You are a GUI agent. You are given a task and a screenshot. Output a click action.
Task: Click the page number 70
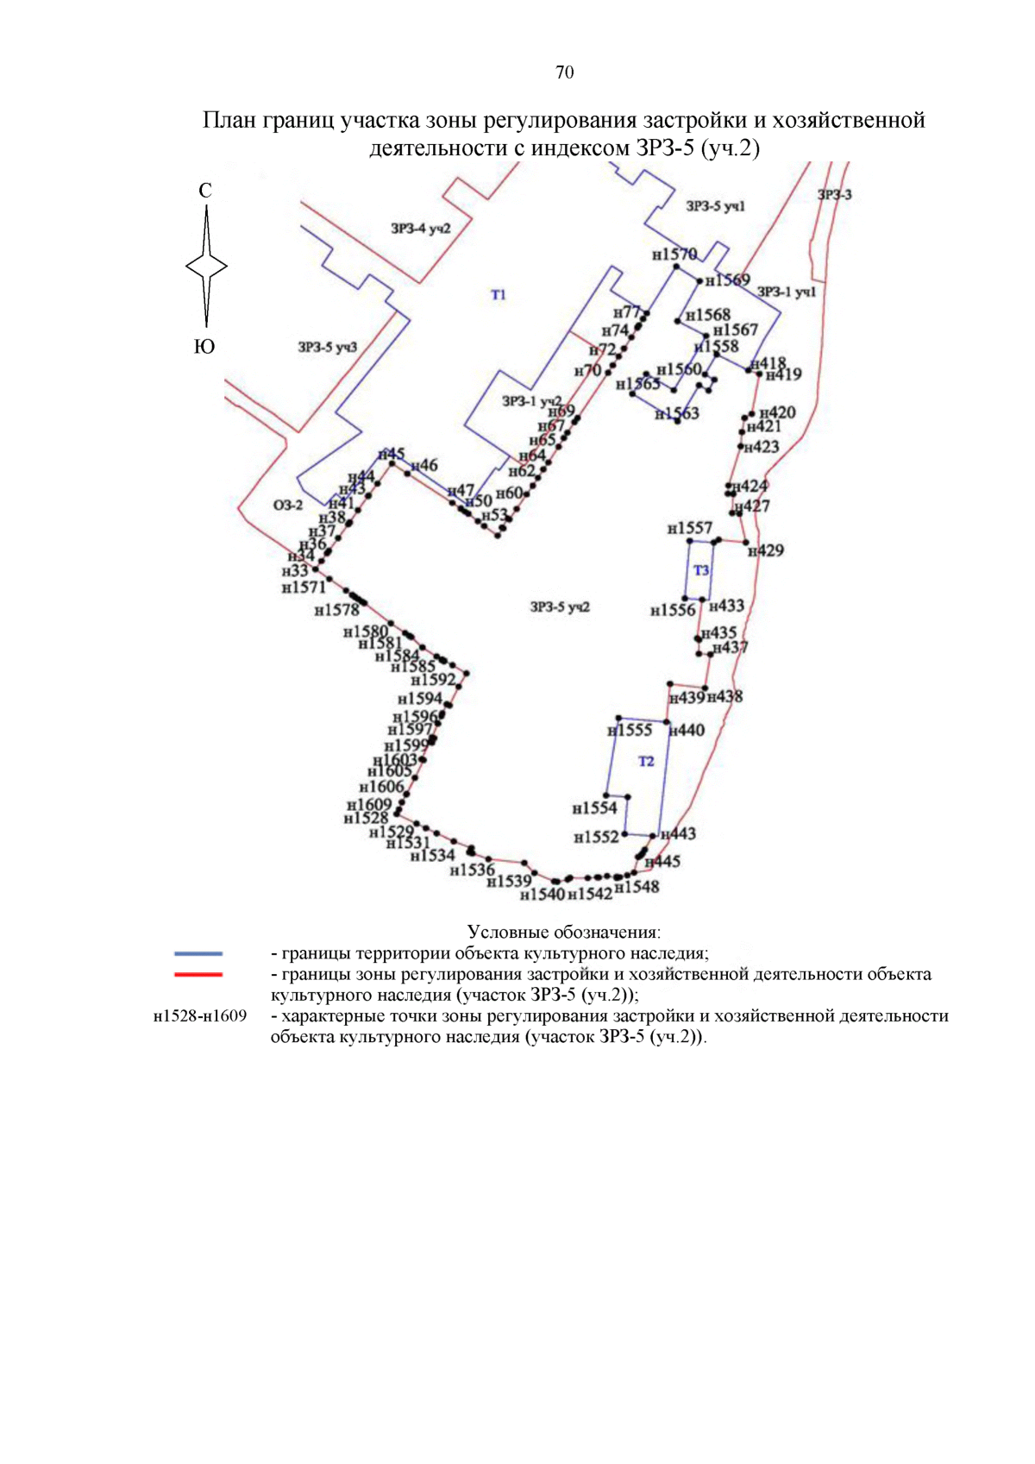pos(564,72)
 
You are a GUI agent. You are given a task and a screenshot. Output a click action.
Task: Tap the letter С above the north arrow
pos(205,191)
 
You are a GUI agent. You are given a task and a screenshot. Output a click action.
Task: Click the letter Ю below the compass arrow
pos(204,347)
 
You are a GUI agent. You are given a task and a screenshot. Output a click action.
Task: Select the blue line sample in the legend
pos(198,953)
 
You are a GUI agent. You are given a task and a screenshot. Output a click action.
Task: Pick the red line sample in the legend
pos(198,974)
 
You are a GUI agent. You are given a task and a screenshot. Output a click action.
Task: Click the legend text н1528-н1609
pos(200,1015)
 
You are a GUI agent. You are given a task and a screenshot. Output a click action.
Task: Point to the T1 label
pos(499,295)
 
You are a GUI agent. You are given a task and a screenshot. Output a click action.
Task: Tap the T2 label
pos(646,761)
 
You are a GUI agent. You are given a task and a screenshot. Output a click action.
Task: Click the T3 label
pos(701,570)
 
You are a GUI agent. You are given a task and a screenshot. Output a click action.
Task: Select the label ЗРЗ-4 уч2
pos(420,229)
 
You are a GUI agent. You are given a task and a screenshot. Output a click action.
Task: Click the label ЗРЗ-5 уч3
pos(327,347)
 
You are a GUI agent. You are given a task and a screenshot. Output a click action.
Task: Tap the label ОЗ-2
pos(288,505)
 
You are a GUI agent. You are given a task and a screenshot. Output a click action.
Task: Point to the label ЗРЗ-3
pos(834,195)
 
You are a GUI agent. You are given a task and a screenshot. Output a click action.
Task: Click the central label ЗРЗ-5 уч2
pos(560,607)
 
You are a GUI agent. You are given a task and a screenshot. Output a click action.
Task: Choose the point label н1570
pos(674,254)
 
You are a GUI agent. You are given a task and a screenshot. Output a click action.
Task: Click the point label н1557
pos(690,528)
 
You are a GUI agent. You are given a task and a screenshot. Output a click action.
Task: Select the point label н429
pos(766,550)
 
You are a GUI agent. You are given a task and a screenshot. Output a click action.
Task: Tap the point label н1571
pos(304,587)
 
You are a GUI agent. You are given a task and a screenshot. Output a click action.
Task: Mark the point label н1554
pos(595,808)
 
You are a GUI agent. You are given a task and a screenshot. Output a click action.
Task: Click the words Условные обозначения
pos(564,932)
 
